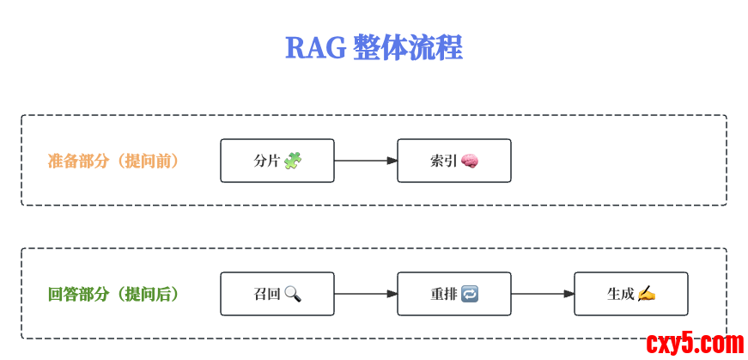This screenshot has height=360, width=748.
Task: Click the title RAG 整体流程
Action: [x=374, y=47]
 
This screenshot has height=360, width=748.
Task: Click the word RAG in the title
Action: [x=315, y=48]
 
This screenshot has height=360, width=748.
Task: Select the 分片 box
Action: [x=277, y=161]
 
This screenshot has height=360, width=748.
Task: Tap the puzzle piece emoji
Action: [x=293, y=161]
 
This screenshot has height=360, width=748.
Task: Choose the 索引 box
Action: [x=453, y=161]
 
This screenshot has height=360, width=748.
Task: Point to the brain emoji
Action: [x=470, y=161]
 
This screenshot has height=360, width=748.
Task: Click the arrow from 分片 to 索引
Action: [x=366, y=161]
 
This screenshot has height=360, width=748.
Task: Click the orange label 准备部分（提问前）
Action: [x=113, y=161]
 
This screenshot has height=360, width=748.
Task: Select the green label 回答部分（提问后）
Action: [x=113, y=294]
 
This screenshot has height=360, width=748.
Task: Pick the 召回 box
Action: [x=277, y=294]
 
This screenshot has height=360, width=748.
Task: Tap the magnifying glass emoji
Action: [x=293, y=294]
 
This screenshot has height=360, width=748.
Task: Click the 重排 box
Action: [x=453, y=294]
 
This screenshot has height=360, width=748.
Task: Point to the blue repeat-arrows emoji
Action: [x=470, y=294]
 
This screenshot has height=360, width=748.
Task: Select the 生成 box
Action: [x=630, y=294]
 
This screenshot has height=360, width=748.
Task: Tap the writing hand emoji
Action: [x=647, y=294]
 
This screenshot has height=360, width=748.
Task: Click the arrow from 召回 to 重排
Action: [x=366, y=294]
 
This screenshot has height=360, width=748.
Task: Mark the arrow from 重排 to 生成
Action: [x=543, y=294]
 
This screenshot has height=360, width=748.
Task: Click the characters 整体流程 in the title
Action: [x=407, y=48]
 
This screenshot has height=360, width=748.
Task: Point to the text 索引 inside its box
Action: [x=443, y=161]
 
